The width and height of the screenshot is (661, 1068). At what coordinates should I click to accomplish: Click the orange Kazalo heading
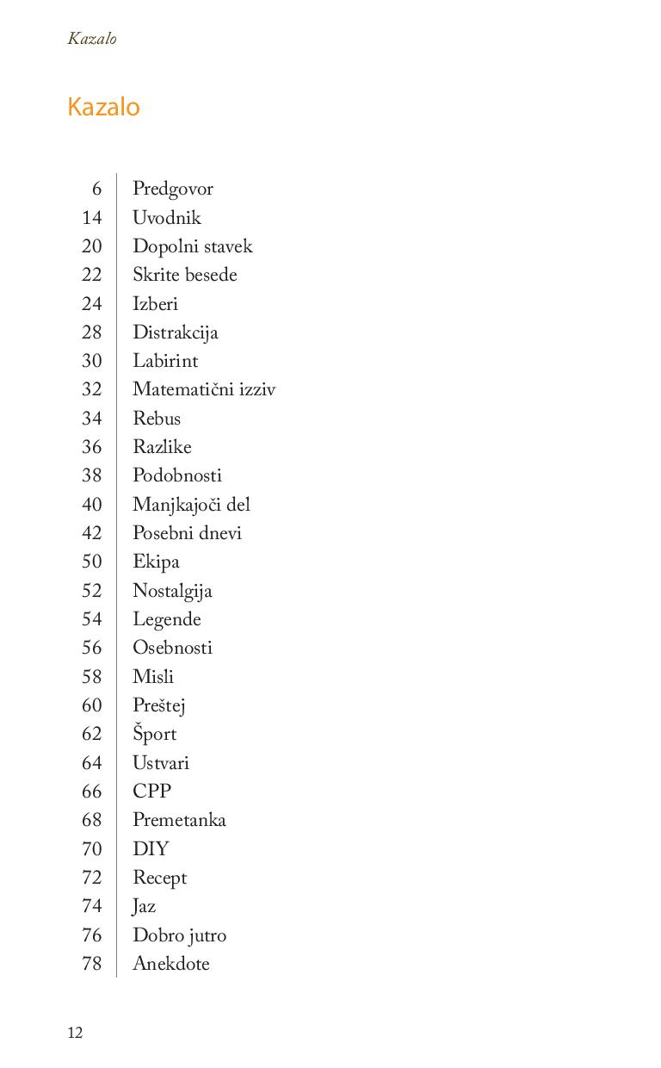coord(103,107)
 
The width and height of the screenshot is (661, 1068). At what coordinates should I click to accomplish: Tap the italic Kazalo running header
coord(92,39)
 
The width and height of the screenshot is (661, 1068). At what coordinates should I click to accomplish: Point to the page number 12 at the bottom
coord(75,1033)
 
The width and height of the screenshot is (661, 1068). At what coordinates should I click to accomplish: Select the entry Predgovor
coord(172,189)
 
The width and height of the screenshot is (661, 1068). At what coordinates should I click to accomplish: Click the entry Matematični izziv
coord(204,389)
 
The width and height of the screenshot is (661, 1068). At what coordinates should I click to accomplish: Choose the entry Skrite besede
coord(184,275)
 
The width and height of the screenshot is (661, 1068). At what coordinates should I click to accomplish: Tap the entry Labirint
coord(165,361)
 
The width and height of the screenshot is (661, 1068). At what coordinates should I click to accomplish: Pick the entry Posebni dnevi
coord(187,533)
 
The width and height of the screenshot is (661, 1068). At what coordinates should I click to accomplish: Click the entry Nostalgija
coord(172,591)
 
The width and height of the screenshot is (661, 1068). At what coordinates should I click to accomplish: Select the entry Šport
coord(154,734)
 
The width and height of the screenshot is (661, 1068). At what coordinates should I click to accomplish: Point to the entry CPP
coord(151,792)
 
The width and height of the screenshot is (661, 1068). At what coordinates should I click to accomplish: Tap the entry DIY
coord(151,849)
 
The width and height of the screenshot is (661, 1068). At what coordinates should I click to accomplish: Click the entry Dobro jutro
coord(179,935)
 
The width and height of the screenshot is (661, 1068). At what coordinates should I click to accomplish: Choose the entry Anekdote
coord(170,964)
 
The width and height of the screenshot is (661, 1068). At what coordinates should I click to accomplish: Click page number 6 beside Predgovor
coord(96,189)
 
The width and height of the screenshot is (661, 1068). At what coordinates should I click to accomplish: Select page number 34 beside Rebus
coord(92,419)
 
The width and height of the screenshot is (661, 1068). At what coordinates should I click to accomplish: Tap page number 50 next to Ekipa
coord(92,562)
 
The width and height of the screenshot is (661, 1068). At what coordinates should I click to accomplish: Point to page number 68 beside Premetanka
coord(92,820)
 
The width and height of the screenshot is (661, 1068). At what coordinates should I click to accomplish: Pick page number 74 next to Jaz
coord(92,906)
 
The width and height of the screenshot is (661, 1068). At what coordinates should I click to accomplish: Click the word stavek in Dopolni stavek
coord(228,246)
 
